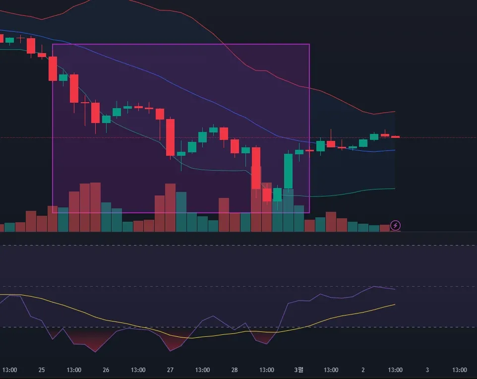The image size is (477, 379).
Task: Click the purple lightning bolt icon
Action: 396,226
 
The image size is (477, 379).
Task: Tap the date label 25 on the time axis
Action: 42,370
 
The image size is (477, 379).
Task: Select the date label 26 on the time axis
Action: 106,370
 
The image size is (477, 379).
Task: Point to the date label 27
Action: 170,370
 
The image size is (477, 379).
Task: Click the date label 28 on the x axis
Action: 235,370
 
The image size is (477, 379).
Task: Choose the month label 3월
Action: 298,370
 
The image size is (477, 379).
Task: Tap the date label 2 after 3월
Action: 363,370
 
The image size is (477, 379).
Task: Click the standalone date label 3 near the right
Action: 427,370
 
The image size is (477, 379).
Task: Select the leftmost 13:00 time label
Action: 10,370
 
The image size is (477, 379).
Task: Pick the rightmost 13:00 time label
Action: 460,370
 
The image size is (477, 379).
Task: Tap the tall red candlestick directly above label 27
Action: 170,137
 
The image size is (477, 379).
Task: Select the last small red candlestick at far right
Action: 395,136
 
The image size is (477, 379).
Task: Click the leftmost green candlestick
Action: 9,40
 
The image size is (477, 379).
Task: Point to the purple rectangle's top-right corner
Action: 309,45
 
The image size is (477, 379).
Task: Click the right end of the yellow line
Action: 395,304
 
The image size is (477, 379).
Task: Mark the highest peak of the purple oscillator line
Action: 374,287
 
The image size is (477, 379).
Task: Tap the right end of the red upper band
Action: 395,111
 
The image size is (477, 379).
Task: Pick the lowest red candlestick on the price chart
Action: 267,194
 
